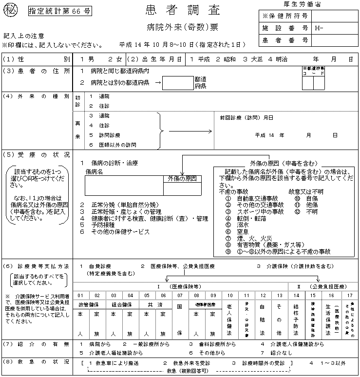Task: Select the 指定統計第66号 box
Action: pos(59,11)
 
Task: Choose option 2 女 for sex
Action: pos(115,59)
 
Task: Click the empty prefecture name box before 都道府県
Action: pos(177,83)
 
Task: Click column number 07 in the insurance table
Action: pos(180,295)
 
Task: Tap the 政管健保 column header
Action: pos(89,304)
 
